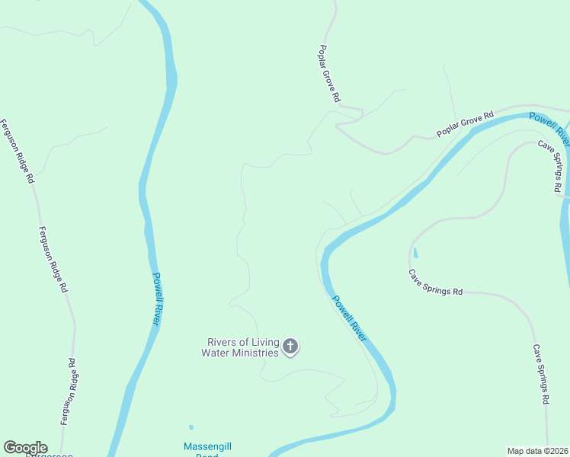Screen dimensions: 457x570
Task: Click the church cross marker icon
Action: [x=290, y=347]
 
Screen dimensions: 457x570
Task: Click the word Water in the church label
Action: [x=216, y=353]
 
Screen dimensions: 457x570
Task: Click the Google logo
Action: [x=25, y=448]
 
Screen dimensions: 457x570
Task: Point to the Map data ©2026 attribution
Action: [x=537, y=451]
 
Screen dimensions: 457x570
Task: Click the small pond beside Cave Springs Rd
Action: [x=415, y=253]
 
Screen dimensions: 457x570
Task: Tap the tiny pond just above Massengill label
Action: [x=191, y=427]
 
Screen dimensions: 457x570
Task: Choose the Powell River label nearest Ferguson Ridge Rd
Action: [x=156, y=299]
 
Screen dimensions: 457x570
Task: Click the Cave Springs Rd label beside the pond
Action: [x=435, y=283]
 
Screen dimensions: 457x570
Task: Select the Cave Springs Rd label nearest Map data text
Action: [x=542, y=374]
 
